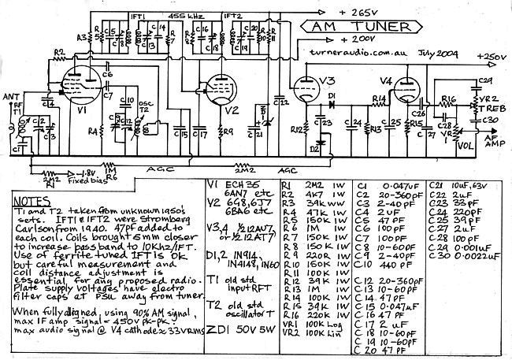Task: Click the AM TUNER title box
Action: (357, 28)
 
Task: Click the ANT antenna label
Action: (10, 98)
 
